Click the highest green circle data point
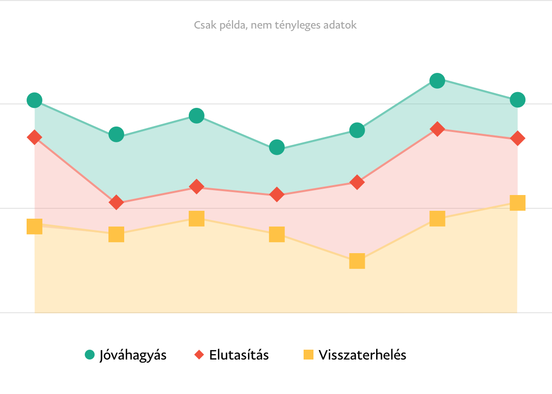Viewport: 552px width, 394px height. click(437, 80)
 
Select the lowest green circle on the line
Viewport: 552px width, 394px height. click(277, 147)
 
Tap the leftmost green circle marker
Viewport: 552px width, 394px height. click(34, 100)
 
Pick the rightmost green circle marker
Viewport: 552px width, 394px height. click(517, 100)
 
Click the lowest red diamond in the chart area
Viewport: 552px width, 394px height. click(116, 202)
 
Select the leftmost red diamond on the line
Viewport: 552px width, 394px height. click(34, 137)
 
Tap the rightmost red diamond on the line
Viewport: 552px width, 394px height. click(517, 138)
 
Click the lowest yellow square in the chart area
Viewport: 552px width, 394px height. click(357, 261)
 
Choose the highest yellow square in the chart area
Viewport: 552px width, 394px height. click(517, 202)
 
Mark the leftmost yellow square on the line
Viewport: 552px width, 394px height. click(34, 227)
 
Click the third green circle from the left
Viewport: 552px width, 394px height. click(197, 116)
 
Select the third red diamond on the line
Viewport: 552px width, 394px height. click(197, 187)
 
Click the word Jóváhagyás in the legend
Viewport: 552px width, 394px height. click(133, 355)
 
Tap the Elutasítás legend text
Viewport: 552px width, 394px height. click(239, 355)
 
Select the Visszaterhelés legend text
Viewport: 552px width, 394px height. click(362, 355)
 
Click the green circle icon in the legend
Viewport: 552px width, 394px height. click(90, 355)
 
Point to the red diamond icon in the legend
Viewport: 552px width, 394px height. click(199, 355)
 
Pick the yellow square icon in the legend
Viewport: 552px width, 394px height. click(309, 355)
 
